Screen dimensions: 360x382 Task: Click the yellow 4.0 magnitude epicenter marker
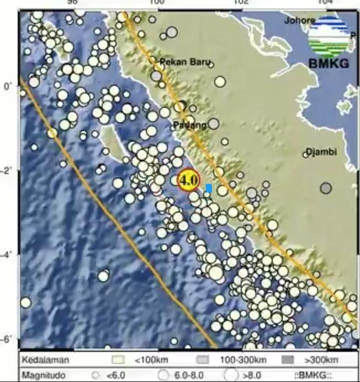click(188, 179)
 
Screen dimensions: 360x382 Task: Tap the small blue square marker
click(208, 188)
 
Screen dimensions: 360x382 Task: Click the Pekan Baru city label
click(184, 62)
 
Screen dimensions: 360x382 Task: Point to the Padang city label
click(190, 125)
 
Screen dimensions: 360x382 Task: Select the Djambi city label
click(321, 151)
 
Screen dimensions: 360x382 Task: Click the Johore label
click(299, 20)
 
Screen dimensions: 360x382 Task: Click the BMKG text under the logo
click(328, 63)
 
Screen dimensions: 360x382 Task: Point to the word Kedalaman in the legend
click(45, 360)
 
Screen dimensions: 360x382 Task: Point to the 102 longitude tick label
click(241, 3)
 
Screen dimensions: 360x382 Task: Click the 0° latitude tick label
click(8, 86)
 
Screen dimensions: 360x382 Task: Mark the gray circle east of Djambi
click(326, 188)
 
